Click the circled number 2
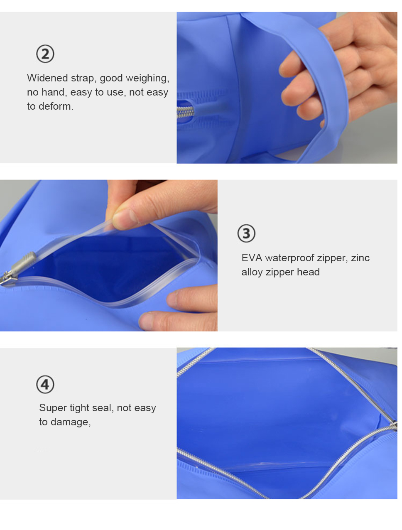click(x=45, y=54)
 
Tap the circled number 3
click(x=246, y=233)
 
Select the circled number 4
click(x=45, y=384)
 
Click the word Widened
click(x=47, y=78)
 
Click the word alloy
click(x=252, y=272)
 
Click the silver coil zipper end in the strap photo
click(x=185, y=112)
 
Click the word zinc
click(x=360, y=258)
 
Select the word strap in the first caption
click(x=82, y=79)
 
